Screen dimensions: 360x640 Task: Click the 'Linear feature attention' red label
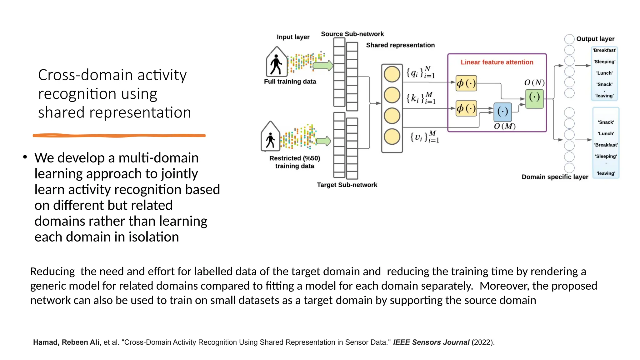click(497, 62)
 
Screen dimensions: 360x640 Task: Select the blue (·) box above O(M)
click(502, 112)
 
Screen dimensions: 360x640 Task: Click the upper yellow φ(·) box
click(466, 83)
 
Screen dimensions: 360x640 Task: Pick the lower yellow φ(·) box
click(466, 108)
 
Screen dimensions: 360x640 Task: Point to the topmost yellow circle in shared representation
click(392, 74)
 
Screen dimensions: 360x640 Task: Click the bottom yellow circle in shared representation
click(392, 137)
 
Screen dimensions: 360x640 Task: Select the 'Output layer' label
click(595, 39)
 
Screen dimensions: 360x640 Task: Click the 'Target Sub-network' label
click(347, 185)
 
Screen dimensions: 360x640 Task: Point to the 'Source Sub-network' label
click(352, 34)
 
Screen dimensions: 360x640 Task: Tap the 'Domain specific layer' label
click(555, 177)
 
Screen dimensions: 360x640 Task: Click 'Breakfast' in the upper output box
click(604, 50)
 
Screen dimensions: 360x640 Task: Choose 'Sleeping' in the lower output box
click(606, 156)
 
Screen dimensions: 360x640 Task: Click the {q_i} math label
click(420, 72)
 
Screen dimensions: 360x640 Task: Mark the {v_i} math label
click(424, 137)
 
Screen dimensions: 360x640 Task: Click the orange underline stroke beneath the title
click(119, 136)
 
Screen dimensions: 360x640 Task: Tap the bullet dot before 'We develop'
click(25, 157)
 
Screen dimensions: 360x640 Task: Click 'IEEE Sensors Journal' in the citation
click(431, 342)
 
